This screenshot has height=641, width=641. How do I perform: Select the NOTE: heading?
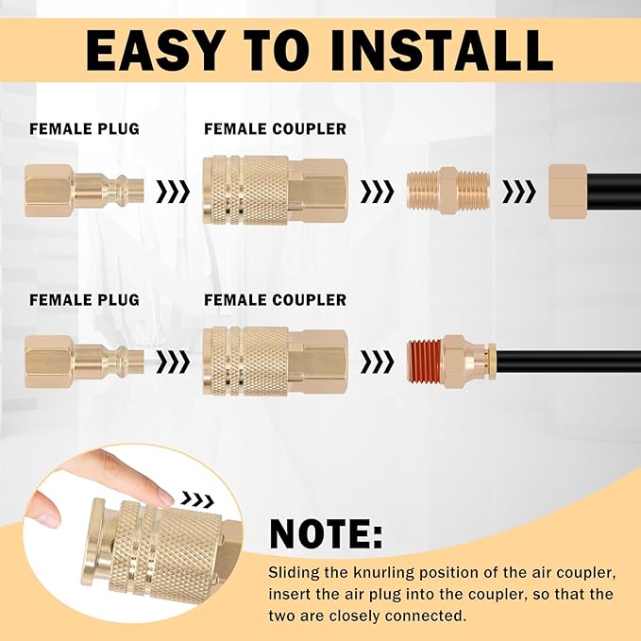[x=327, y=533]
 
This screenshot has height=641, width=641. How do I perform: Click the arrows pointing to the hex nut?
[x=518, y=193]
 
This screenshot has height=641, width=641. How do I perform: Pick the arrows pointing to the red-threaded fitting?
[x=378, y=361]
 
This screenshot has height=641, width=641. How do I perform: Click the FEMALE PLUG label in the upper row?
[x=84, y=129]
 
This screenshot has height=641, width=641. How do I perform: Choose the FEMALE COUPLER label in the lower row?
[x=275, y=300]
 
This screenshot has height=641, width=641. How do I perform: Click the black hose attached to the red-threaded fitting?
[x=566, y=362]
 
